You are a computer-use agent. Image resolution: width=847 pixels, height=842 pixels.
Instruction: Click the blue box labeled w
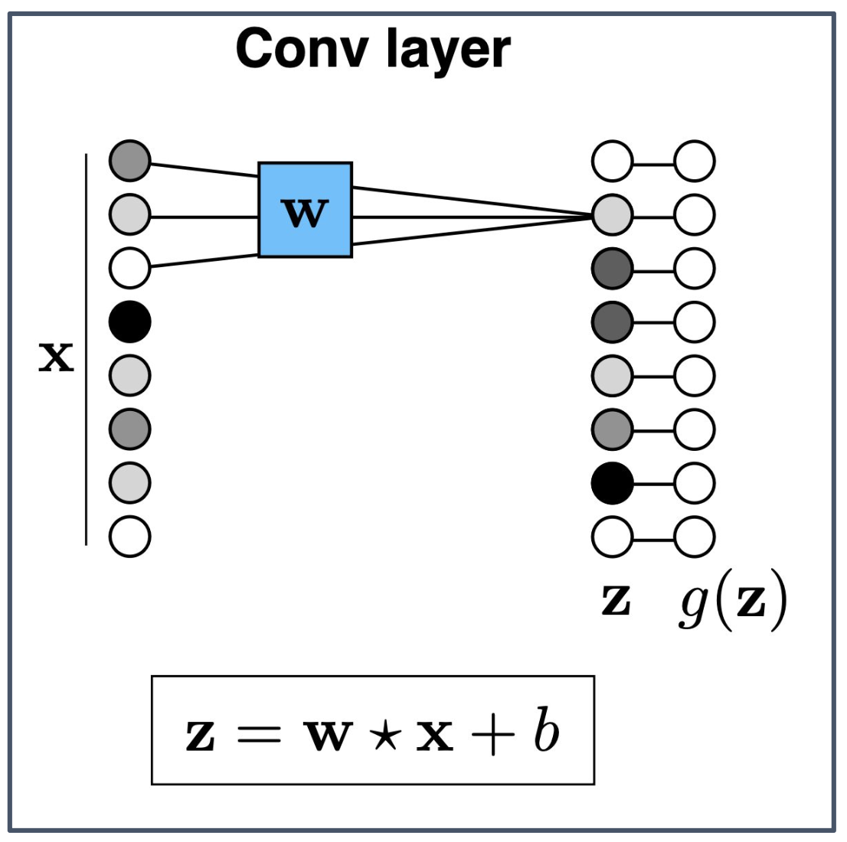305,210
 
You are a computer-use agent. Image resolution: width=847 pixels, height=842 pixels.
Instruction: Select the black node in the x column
129,321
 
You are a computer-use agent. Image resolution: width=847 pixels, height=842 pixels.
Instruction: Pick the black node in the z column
613,483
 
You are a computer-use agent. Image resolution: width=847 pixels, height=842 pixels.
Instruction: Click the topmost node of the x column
129,162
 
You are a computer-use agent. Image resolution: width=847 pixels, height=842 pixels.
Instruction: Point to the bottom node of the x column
129,536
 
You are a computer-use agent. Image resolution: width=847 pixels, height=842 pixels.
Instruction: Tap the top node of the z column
613,162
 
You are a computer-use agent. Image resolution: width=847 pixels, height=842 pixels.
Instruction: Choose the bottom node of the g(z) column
695,536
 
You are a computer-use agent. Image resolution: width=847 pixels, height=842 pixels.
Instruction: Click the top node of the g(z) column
695,162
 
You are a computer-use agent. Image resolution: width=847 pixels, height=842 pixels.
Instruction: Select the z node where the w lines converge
613,215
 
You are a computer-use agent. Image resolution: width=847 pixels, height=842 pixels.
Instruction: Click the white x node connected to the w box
129,268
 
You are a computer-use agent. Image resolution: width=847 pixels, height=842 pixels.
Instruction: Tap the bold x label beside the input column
56,357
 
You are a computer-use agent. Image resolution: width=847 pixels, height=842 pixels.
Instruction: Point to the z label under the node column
616,601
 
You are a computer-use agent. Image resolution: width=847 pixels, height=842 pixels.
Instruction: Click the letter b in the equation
547,732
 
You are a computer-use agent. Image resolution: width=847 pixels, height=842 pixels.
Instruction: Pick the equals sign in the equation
257,736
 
